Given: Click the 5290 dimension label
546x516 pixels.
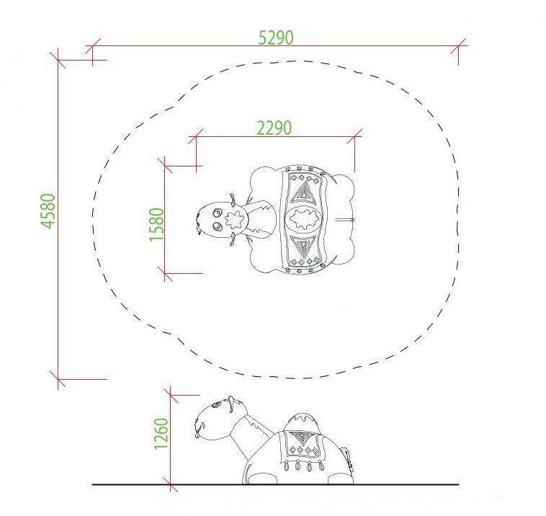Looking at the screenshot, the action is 276,37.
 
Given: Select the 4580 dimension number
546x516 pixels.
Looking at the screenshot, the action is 48,211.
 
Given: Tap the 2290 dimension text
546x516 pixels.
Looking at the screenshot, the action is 274,128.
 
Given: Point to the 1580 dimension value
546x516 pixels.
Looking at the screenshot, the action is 156,224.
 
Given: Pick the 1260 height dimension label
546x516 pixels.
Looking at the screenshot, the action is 161,434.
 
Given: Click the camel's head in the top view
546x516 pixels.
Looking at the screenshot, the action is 222,220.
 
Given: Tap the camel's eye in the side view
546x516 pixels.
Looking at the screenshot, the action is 216,405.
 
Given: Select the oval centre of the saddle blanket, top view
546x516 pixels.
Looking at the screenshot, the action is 304,220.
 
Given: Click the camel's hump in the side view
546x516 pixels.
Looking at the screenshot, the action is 302,422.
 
